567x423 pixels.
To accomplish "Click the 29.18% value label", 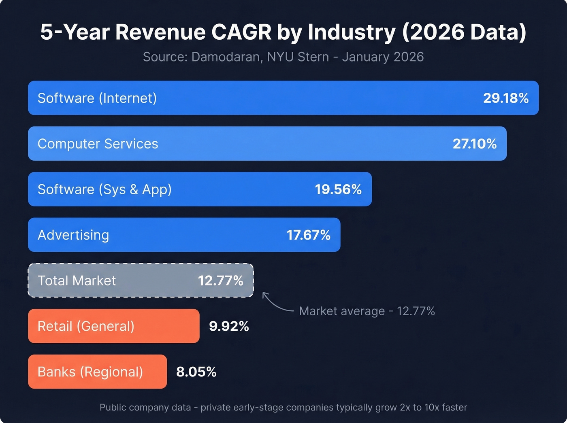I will tap(506, 98).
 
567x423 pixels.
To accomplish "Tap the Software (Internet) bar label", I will tap(97, 98).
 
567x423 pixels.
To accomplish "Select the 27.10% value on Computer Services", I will tap(475, 144).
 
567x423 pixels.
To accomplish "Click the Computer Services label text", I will tap(98, 144).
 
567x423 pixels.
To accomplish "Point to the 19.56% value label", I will tap(338, 189).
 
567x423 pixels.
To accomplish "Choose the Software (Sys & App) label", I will tap(104, 189).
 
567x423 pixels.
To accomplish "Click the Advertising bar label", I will tap(73, 235).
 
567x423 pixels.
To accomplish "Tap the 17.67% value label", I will tap(309, 235).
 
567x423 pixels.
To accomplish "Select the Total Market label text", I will tap(77, 281).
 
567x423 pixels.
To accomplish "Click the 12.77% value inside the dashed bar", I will tap(221, 281).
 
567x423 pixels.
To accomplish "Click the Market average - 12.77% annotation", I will tap(367, 311).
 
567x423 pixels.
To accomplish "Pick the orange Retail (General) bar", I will tap(113, 326).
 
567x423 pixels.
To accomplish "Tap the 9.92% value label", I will tap(229, 326).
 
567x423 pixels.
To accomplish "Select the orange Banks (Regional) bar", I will tap(97, 372).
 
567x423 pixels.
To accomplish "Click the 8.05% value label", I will tap(196, 372).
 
